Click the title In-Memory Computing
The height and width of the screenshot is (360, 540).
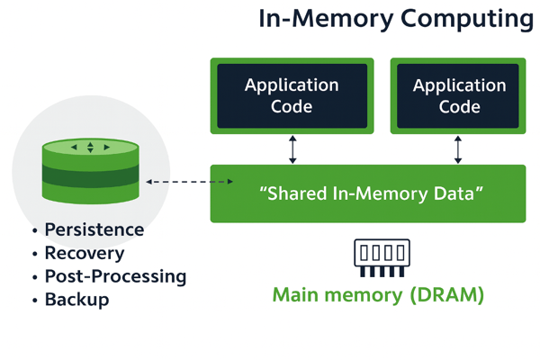tap(395, 19)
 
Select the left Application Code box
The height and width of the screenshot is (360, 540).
tap(292, 95)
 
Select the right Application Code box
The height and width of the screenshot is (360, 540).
tap(458, 95)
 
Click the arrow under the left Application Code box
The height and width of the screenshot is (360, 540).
tap(292, 148)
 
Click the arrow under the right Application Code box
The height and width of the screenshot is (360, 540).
tap(458, 148)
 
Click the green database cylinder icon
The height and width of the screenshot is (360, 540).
tap(90, 171)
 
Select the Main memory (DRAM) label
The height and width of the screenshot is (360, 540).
tap(378, 295)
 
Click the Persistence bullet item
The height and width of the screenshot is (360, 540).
tap(94, 229)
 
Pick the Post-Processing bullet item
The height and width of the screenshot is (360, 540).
tap(114, 276)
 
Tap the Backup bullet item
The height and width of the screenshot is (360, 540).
tap(76, 300)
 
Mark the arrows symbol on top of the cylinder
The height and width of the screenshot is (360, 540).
tap(90, 147)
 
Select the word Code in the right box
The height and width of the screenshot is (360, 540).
tap(458, 106)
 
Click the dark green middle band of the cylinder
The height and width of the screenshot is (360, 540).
tap(90, 175)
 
